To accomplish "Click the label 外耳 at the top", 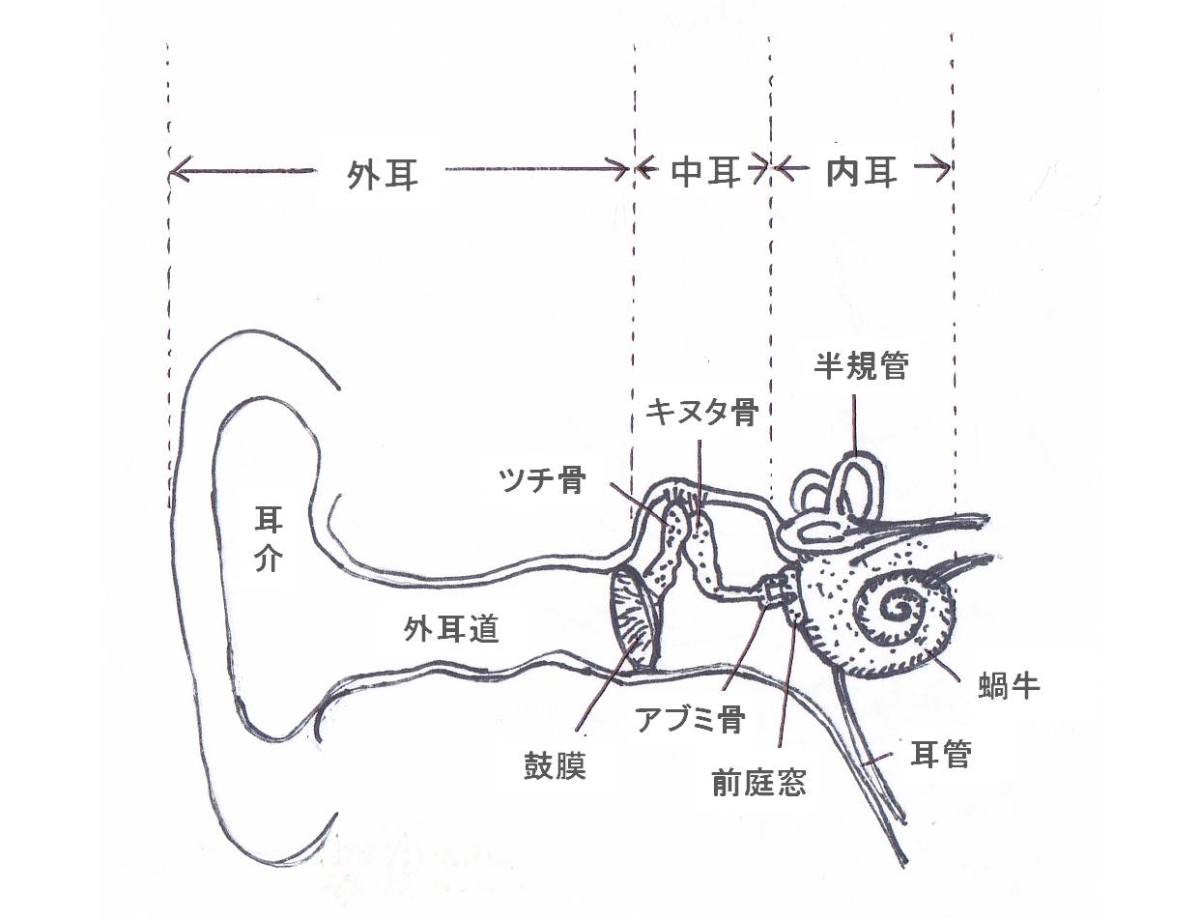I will [384, 174].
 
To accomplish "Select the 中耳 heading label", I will [705, 172].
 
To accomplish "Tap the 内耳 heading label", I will [863, 172].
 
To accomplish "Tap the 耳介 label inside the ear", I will [268, 540].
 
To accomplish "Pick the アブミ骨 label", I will [690, 718].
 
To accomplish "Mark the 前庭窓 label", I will [757, 781].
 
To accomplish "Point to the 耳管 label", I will [941, 754].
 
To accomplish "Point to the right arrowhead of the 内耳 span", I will [944, 169].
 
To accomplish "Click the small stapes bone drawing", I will [772, 591].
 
